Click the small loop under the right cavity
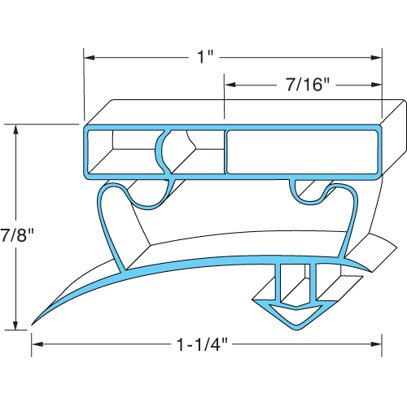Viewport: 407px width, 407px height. point(309,191)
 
